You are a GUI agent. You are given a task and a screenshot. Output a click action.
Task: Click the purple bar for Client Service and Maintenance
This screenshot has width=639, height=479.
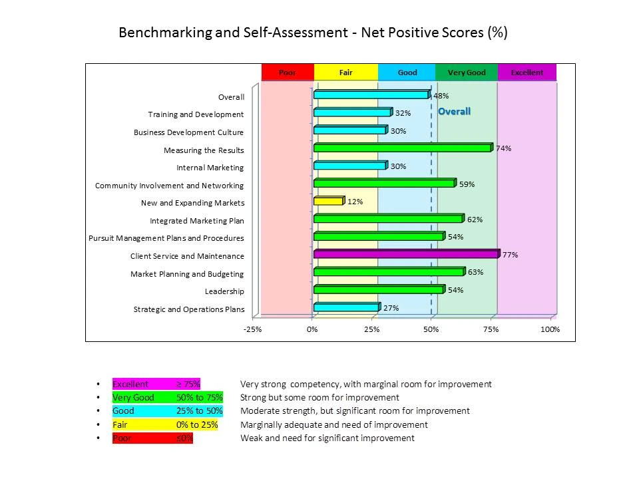[406, 254]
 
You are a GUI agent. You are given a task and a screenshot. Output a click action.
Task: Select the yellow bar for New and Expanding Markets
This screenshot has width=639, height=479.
[328, 201]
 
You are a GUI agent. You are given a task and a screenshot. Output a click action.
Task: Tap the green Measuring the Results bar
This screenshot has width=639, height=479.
[403, 148]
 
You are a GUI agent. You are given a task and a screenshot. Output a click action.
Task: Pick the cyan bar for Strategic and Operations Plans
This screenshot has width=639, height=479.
[346, 307]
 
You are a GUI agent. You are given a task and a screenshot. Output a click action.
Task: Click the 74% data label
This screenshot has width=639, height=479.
[503, 148]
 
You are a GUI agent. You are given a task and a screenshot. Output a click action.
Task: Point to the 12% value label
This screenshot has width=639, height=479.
[355, 202]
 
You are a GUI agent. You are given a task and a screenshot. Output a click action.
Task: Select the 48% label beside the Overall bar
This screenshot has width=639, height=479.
[441, 96]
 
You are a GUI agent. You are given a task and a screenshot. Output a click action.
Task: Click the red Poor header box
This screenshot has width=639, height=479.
[287, 73]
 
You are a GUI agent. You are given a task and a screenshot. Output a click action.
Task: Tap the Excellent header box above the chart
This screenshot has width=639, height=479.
[527, 73]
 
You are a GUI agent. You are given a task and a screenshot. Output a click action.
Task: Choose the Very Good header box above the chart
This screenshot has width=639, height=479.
[467, 73]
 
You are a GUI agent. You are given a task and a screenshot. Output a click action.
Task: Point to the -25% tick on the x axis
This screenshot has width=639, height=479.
[252, 329]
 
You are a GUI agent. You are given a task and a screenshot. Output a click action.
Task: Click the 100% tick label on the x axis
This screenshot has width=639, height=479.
[550, 329]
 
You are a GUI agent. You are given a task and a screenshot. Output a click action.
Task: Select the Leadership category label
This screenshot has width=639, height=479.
[224, 291]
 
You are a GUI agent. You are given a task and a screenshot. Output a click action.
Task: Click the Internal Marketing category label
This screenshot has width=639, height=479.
[210, 168]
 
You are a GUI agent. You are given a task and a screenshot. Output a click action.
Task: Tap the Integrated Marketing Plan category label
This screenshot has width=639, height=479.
[196, 221]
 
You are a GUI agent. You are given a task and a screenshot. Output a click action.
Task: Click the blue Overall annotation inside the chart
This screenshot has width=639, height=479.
[454, 112]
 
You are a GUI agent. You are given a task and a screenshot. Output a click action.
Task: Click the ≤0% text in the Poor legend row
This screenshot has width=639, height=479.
[184, 438]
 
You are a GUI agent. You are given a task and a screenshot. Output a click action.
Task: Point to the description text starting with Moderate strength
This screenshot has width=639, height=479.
[355, 410]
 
